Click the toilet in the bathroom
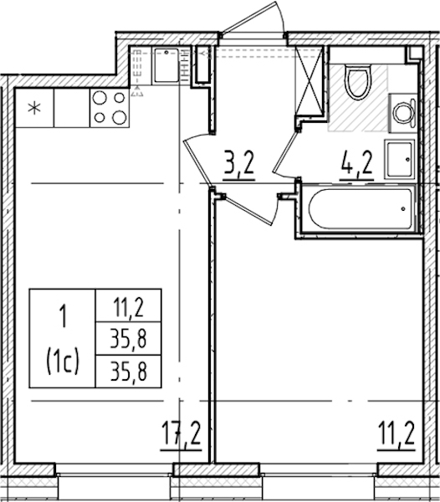(358, 82)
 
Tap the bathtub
(361, 208)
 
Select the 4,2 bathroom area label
(357, 162)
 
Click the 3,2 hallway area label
(238, 162)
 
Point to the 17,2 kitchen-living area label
(181, 433)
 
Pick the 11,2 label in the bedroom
(397, 433)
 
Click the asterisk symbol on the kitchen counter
(34, 108)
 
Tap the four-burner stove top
(110, 108)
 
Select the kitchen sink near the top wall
(166, 65)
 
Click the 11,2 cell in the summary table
(128, 306)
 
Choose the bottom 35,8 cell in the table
(128, 371)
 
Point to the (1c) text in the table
(63, 364)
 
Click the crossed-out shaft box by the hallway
(309, 80)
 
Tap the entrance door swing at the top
(253, 18)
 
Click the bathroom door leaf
(285, 154)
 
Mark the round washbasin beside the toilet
(404, 113)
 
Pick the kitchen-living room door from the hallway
(198, 160)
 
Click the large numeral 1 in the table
(64, 315)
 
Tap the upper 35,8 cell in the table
(128, 339)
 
